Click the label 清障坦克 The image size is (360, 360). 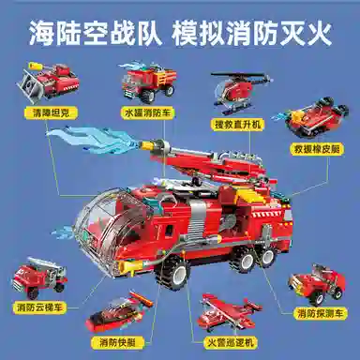point(51,112)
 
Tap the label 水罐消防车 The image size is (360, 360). point(148,112)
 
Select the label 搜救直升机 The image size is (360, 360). point(237,125)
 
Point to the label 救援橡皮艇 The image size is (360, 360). point(317,149)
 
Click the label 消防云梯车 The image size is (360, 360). point(39,307)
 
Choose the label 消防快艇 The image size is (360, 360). point(117,343)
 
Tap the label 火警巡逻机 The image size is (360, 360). point(231,342)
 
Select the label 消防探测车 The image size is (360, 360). point(320,313)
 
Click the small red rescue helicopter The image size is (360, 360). point(239,93)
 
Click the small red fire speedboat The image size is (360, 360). point(119,312)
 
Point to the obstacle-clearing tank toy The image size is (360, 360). point(48,82)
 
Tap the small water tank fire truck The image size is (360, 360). point(147,82)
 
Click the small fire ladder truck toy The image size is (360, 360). point(39,277)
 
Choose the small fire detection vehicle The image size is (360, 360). point(317,284)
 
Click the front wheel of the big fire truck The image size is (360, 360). point(172,273)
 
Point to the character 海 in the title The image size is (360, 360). point(41,32)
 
